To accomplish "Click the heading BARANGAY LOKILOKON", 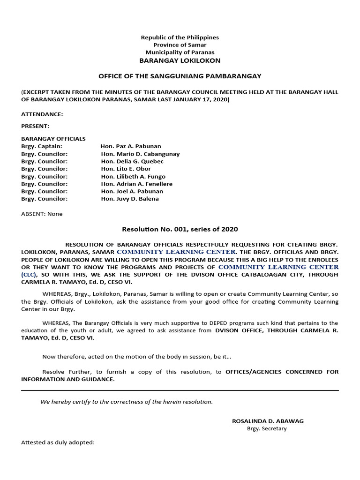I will click(x=180, y=60).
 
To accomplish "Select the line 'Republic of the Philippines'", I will click(x=180, y=37).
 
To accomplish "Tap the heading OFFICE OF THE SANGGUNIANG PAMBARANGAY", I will click(x=180, y=76).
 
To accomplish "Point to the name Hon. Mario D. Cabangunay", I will click(x=140, y=154).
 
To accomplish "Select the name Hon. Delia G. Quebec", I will click(x=132, y=161).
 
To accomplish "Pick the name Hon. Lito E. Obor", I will click(x=126, y=169).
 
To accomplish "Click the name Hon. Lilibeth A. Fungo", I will click(x=133, y=176).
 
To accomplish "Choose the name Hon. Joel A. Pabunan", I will click(x=132, y=191).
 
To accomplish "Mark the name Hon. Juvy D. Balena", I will click(x=130, y=199).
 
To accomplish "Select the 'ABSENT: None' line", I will click(x=42, y=214).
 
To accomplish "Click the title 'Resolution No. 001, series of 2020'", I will click(x=180, y=229).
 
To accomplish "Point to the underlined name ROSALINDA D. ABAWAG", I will click(x=268, y=421).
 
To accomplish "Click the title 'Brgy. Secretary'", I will click(x=267, y=428).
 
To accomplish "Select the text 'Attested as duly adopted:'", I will click(x=58, y=442).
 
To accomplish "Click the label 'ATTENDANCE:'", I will click(x=42, y=114).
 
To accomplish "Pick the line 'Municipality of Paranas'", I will click(x=180, y=52).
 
